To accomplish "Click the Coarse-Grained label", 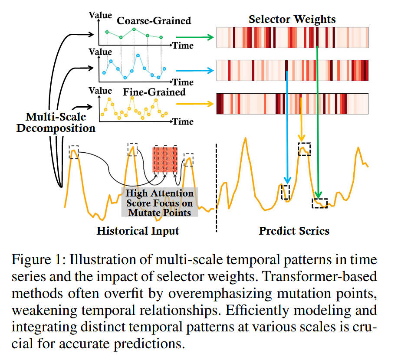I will [x=154, y=20].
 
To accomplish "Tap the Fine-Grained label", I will [x=154, y=92].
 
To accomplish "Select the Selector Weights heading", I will [x=292, y=20].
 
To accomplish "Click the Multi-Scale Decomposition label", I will [x=56, y=122].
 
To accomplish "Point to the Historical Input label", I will [x=138, y=230].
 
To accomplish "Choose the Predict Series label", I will [x=294, y=230].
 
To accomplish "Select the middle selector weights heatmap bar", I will [x=292, y=69].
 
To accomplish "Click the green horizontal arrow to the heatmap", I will [x=197, y=38].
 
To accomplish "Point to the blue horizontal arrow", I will [x=197, y=70].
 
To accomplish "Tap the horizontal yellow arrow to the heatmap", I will [x=197, y=104].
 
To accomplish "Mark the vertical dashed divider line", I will [x=217, y=187].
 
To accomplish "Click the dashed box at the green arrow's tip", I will [x=320, y=203].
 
